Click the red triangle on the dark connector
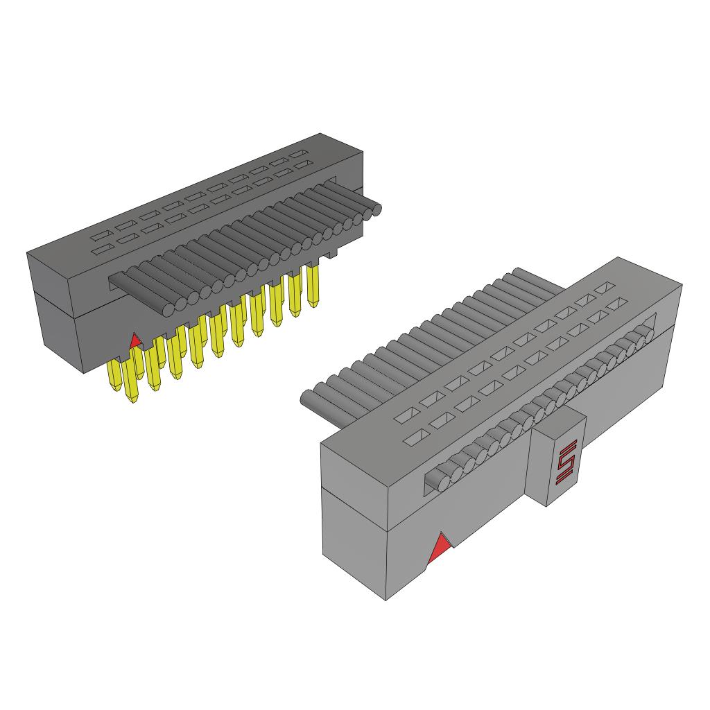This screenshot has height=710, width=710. [135, 340]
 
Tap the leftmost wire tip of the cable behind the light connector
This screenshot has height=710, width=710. [307, 399]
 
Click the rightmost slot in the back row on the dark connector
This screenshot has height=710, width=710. [299, 153]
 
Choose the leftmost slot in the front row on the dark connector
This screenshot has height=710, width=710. [102, 249]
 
